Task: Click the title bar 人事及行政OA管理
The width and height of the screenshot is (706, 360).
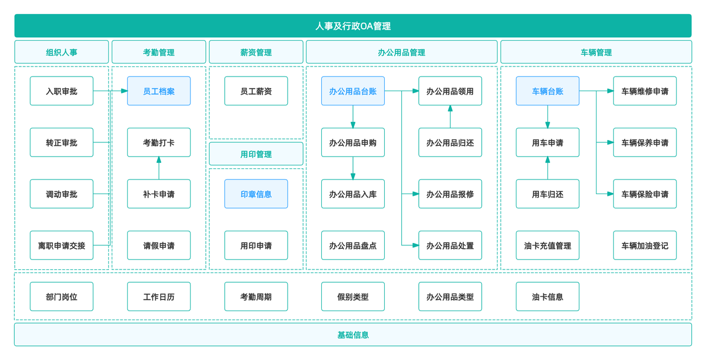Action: coord(353,26)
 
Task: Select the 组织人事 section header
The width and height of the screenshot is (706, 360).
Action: coord(62,52)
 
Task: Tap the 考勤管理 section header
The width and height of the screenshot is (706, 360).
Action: coord(159,52)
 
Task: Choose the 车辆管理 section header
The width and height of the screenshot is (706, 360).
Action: coord(596,52)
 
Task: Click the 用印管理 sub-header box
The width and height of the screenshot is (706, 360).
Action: coord(256,154)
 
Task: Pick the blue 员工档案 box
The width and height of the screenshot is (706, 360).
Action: coord(159,91)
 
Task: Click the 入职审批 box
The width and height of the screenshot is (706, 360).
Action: coord(62,91)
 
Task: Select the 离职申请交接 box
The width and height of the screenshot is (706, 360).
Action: coord(62,245)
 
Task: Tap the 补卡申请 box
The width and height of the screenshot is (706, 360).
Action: coord(159,194)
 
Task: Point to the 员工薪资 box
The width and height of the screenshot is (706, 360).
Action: coord(256,91)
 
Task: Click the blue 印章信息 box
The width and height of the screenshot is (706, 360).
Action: coord(256,194)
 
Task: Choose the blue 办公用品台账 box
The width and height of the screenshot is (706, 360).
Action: coord(353,91)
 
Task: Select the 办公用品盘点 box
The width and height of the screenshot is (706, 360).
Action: coord(353,245)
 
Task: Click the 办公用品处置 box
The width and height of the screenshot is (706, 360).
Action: coord(450,245)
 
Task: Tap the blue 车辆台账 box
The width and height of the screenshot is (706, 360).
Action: coord(548,91)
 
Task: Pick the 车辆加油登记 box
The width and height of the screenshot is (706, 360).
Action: coord(645,245)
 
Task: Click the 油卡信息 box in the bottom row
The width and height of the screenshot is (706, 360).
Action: coord(548,296)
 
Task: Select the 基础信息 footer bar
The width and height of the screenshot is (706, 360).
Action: coord(353,335)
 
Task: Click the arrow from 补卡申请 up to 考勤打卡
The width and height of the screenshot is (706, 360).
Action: coord(159,168)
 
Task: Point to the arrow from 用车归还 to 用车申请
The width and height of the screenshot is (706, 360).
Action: coord(548,168)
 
